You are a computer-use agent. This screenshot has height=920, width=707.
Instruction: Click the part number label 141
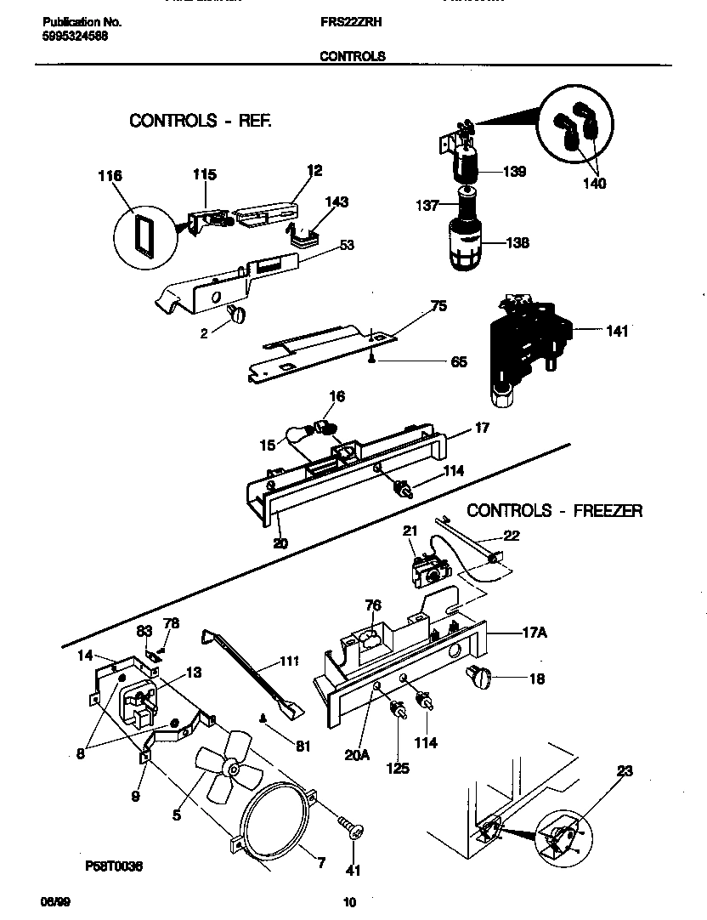point(617,332)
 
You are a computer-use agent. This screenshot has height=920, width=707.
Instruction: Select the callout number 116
point(110,176)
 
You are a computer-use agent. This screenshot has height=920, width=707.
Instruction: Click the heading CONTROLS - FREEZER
point(555,511)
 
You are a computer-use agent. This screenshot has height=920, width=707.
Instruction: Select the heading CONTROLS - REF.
point(201,121)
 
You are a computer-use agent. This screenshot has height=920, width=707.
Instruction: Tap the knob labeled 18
point(478,678)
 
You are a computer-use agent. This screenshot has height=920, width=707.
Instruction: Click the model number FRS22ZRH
point(352,24)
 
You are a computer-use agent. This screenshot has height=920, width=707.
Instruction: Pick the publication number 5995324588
point(75,37)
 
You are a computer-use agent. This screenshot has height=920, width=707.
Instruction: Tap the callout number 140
point(594,184)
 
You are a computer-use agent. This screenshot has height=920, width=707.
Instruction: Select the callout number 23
point(625,772)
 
